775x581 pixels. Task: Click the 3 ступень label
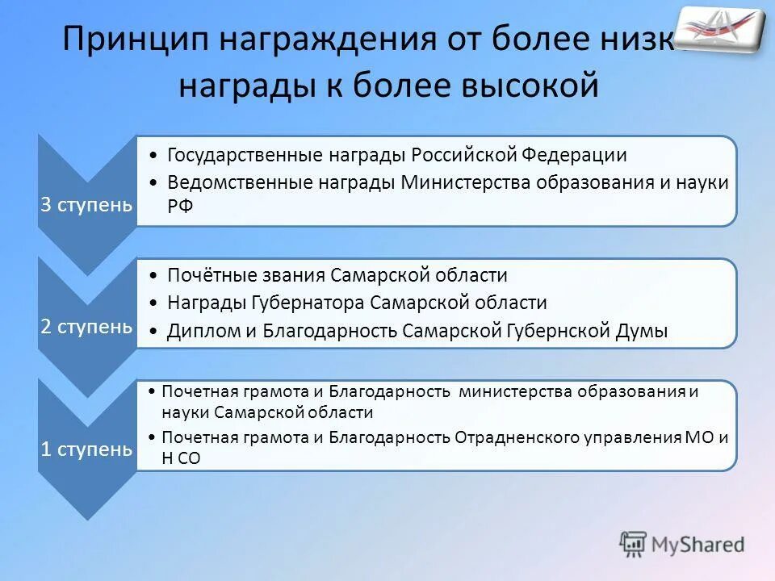point(86,204)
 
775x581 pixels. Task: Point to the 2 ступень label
point(86,326)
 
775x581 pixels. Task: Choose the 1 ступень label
point(86,449)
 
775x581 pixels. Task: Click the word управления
point(632,437)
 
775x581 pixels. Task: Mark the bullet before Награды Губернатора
point(153,304)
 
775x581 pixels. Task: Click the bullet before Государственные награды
point(153,156)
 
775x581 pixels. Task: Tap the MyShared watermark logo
point(682,545)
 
